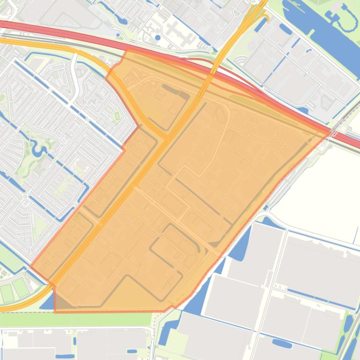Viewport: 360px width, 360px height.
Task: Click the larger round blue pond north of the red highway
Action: (158, 37)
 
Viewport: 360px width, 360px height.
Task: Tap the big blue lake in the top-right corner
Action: (323, 28)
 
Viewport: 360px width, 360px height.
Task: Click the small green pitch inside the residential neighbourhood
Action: (117, 115)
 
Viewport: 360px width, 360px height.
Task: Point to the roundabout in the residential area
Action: (25, 196)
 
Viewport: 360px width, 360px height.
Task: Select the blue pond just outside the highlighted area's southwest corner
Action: (47, 302)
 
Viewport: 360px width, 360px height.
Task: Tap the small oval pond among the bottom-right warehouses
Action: (282, 344)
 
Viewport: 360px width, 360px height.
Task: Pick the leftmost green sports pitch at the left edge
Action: (7, 293)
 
